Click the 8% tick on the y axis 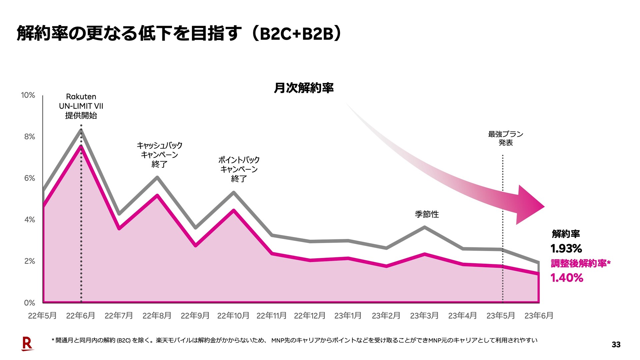pos(29,137)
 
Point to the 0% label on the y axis pos(29,303)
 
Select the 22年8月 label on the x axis pos(157,315)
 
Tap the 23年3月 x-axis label pos(424,315)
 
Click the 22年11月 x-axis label pos(271,315)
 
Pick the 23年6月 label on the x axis pos(539,315)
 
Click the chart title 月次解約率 pos(304,88)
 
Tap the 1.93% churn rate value pos(566,248)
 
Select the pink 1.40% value pos(567,278)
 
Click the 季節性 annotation pos(427,214)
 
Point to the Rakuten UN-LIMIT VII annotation pos(81,106)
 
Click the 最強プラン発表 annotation pos(505,138)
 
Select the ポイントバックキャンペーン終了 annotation pos(239,169)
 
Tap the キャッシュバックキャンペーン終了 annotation pos(159,155)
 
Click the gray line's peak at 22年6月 pos(81,130)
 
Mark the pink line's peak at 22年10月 pos(234,210)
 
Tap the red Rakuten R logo pos(27,344)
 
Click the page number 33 pos(616,345)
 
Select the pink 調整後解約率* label pos(580,263)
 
